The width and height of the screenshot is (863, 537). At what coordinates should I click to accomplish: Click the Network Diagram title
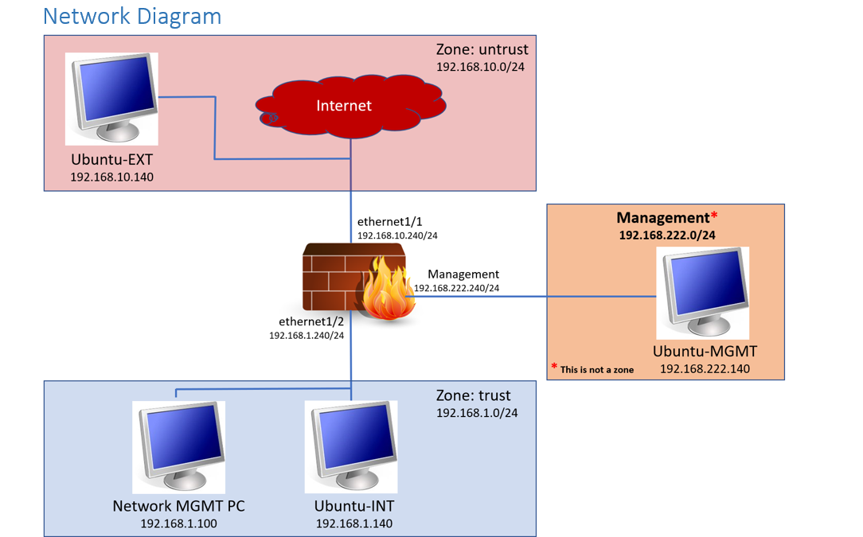[132, 16]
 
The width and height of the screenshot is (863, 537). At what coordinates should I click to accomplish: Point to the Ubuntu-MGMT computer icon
[702, 292]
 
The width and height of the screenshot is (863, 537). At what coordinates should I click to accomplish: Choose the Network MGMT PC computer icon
[178, 446]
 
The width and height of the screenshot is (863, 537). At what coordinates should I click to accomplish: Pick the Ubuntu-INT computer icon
[351, 446]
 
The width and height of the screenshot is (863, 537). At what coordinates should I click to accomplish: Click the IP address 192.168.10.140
[111, 177]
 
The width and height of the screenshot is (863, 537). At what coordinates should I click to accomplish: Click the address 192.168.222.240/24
[456, 288]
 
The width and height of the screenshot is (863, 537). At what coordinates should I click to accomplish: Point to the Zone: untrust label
[482, 49]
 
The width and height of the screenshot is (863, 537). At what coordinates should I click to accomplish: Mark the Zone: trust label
[474, 395]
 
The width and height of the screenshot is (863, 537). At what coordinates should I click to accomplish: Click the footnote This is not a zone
[596, 369]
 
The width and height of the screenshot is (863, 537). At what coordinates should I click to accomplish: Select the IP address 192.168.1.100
[178, 523]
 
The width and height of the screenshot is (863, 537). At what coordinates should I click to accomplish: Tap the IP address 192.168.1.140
[353, 523]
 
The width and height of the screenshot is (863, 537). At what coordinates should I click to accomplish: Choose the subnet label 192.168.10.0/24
[480, 67]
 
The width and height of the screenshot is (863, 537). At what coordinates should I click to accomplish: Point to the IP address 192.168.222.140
[705, 369]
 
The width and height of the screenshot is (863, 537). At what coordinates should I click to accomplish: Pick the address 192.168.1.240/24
[307, 336]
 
